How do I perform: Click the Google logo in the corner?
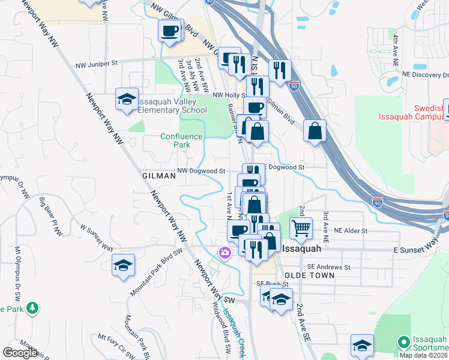click(x=20, y=352)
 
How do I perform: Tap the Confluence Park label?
click(x=175, y=140)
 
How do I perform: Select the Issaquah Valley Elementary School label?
click(x=173, y=106)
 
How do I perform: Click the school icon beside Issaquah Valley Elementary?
click(x=127, y=100)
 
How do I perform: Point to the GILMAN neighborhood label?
click(x=159, y=176)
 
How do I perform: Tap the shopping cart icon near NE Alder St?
click(x=301, y=228)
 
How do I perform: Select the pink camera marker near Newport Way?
click(x=225, y=253)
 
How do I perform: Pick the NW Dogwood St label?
click(x=202, y=171)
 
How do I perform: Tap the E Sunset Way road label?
click(x=415, y=245)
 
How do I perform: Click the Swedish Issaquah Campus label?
click(x=412, y=112)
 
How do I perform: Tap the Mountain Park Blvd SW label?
click(x=155, y=272)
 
